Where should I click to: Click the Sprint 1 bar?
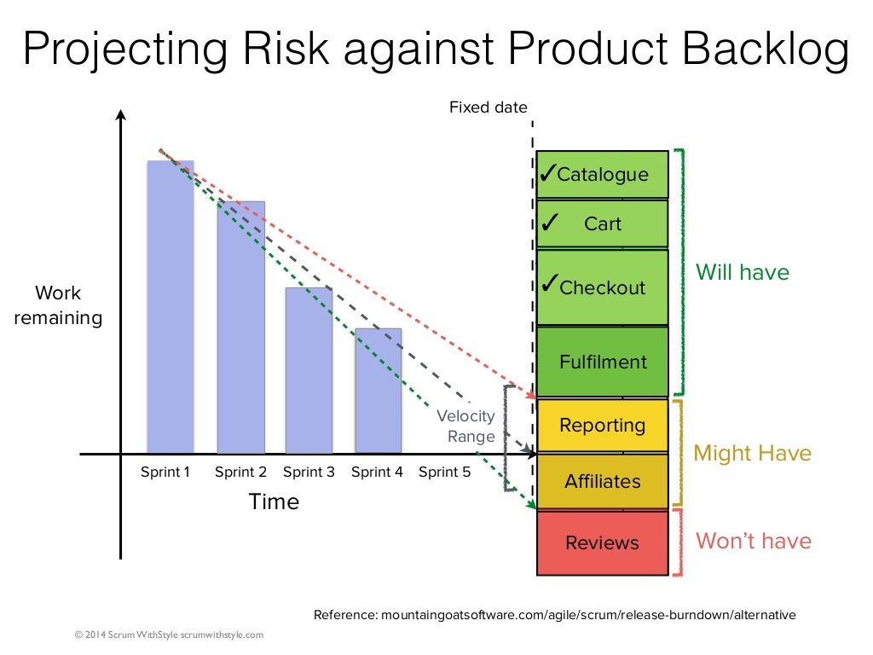pyautogui.click(x=171, y=307)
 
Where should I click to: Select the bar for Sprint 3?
pyautogui.click(x=309, y=370)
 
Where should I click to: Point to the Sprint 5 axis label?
pyautogui.click(x=444, y=472)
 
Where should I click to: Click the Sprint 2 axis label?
pyautogui.click(x=240, y=472)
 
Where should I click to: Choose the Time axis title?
pyautogui.click(x=274, y=502)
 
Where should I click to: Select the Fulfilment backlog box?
pyautogui.click(x=602, y=362)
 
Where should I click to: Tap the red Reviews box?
pyautogui.click(x=602, y=542)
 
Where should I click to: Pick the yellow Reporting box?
pyautogui.click(x=602, y=425)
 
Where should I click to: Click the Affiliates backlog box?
pyautogui.click(x=602, y=481)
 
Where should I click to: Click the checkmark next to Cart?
pyautogui.click(x=549, y=223)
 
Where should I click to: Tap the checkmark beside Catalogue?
pyautogui.click(x=547, y=173)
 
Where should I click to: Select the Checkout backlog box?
pyautogui.click(x=602, y=287)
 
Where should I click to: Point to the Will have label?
pyautogui.click(x=743, y=272)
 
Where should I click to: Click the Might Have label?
pyautogui.click(x=753, y=453)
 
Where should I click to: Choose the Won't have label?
pyautogui.click(x=754, y=541)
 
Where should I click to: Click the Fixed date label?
pyautogui.click(x=489, y=107)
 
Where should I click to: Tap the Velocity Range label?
pyautogui.click(x=466, y=426)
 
